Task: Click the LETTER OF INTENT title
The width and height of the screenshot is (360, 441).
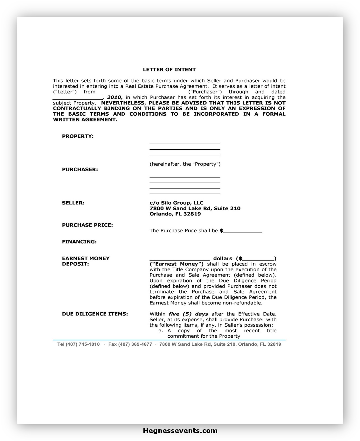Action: click(x=169, y=70)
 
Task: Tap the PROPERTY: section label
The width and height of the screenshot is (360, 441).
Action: click(x=78, y=136)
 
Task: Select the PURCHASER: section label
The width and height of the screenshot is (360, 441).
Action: click(x=80, y=170)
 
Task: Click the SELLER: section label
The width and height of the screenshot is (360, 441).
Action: click(x=73, y=203)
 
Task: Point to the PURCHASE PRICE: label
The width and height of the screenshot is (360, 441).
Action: click(x=87, y=225)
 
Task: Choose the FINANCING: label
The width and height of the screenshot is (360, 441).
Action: click(x=79, y=242)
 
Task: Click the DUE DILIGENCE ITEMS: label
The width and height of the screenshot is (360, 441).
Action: click(x=95, y=314)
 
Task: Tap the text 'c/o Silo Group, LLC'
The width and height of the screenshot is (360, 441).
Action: click(x=177, y=203)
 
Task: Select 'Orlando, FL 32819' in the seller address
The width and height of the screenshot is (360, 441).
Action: click(x=175, y=214)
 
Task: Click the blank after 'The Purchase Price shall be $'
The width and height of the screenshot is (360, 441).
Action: click(x=243, y=231)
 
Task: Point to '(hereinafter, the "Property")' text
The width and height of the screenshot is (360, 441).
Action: click(x=185, y=164)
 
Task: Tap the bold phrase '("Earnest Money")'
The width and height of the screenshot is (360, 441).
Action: click(x=177, y=264)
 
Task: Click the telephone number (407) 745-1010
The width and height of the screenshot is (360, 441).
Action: click(x=83, y=344)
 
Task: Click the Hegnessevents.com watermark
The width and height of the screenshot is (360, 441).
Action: click(x=180, y=431)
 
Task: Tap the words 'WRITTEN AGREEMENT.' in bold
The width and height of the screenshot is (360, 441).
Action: click(x=85, y=120)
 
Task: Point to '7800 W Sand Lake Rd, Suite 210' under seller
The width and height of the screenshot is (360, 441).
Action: click(x=195, y=208)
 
